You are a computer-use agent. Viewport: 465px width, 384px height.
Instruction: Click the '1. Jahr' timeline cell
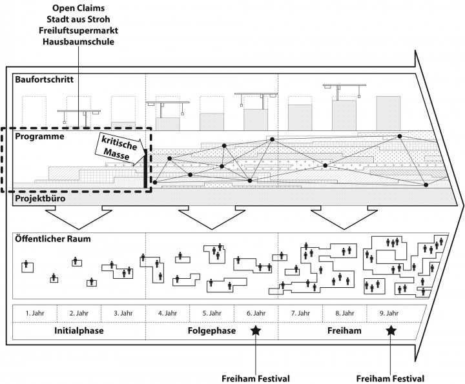pyautogui.click(x=35, y=313)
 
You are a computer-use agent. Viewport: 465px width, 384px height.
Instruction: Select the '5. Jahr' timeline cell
pyautogui.click(x=212, y=313)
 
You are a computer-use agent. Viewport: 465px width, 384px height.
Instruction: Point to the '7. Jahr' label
pyautogui.click(x=302, y=313)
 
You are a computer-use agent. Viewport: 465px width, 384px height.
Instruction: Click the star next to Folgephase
pyautogui.click(x=256, y=330)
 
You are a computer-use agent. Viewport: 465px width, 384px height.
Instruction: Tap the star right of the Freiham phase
pyautogui.click(x=391, y=330)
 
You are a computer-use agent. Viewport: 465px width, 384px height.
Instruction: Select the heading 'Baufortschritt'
pyautogui.click(x=43, y=80)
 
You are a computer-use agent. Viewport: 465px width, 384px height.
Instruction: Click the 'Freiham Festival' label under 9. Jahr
pyautogui.click(x=390, y=378)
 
